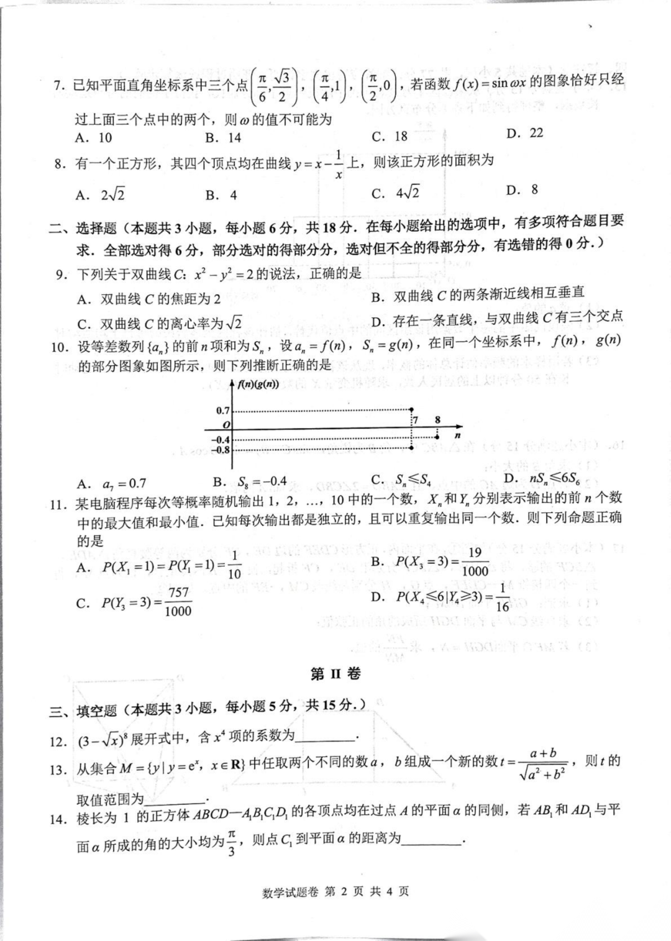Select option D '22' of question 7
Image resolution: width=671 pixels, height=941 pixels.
tap(525, 133)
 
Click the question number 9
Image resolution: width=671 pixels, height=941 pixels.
tap(61, 274)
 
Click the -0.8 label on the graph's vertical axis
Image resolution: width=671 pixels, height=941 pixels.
tap(221, 450)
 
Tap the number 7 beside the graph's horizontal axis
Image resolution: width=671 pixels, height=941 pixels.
tap(416, 420)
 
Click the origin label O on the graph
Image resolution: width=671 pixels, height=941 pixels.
tap(226, 424)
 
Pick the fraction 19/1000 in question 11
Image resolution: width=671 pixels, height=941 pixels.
tap(475, 562)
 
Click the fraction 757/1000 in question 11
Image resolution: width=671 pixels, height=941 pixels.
tap(178, 602)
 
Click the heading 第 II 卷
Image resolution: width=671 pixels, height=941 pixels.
tap(335, 674)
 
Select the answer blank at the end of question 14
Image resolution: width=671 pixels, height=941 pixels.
tap(432, 840)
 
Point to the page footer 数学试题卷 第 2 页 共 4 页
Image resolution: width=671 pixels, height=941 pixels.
tap(335, 892)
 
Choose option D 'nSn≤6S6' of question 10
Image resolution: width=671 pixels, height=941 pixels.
tap(545, 478)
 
